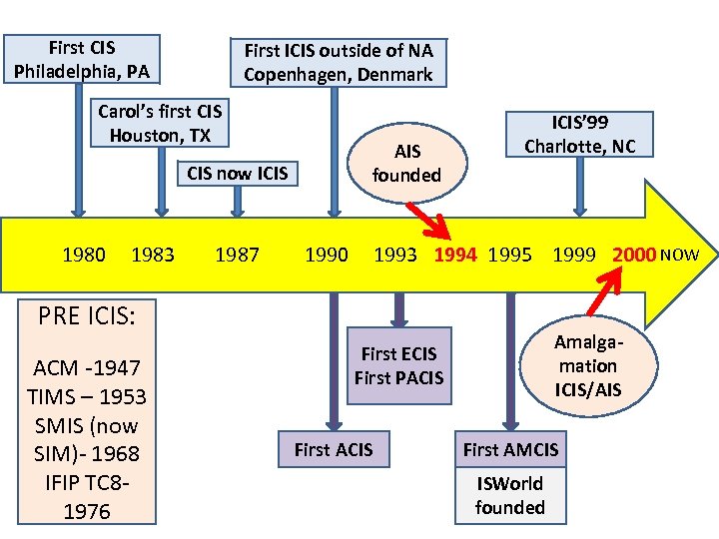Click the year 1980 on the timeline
84,255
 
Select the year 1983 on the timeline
153,255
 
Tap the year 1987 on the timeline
237,255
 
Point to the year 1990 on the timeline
327,255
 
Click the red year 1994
455,255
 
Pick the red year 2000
634,255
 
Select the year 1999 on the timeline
575,255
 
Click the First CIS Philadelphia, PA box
82,60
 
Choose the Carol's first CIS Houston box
160,122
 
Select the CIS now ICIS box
238,173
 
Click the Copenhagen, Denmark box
339,62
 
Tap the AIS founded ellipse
407,163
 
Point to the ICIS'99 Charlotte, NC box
580,134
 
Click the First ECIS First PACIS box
399,365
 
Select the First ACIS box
334,449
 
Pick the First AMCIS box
510,449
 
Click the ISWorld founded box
510,495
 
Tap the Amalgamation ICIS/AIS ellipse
588,365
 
